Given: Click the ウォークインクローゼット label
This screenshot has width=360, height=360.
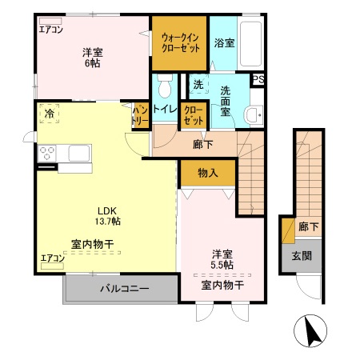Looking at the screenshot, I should point(180,41).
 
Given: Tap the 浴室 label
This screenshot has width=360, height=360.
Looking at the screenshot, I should point(224,42).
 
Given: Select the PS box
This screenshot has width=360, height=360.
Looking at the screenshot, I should point(258,78).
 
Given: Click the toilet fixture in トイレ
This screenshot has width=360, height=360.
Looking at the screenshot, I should point(165,84).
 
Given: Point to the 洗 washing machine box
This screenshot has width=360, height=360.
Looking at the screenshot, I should point(197,83).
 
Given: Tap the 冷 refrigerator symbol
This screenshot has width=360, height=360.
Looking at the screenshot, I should point(50,114).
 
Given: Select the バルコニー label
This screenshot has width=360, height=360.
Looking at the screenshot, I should point(123,289).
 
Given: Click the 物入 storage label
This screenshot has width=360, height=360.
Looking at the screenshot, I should point(207,171).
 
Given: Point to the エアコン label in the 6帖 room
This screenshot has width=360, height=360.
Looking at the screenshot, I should point(51,30).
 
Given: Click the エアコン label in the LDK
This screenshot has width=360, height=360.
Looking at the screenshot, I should point(53,258).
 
